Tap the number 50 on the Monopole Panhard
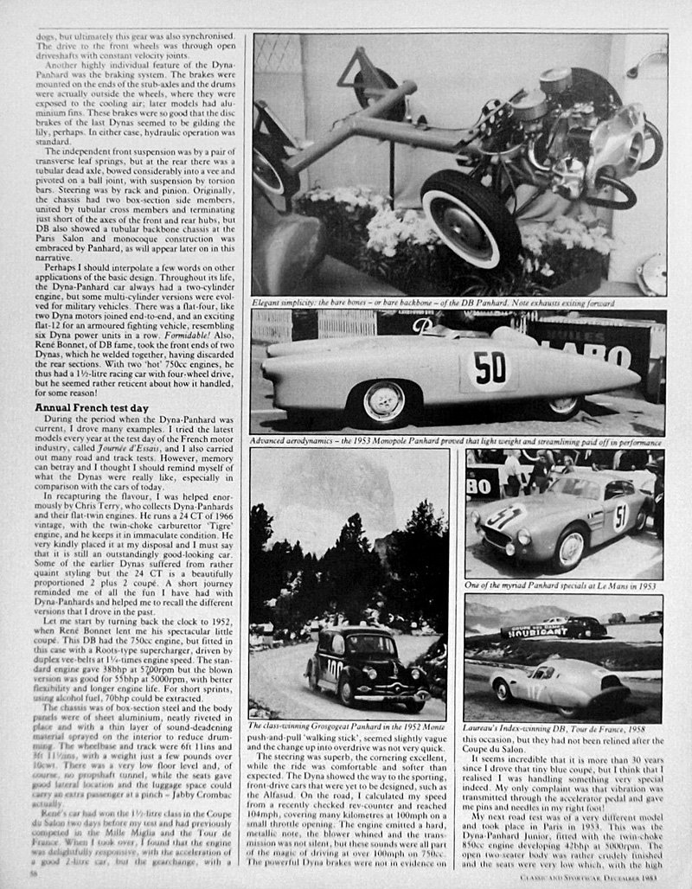coord(490,367)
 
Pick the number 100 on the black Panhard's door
coord(335,667)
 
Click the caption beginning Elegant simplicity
coord(432,303)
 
